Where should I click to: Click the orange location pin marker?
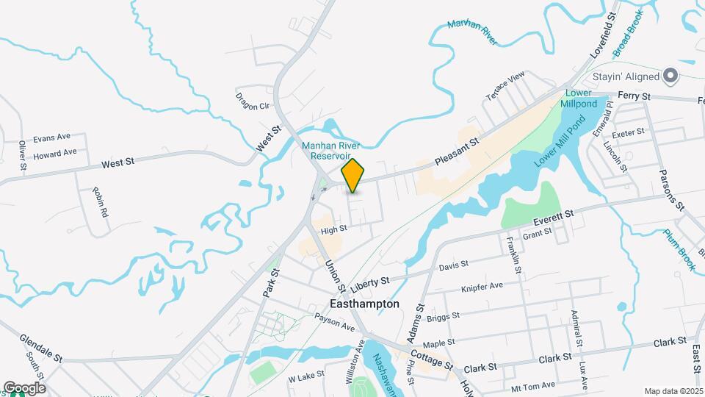pyautogui.click(x=352, y=175)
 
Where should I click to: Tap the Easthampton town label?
pyautogui.click(x=365, y=304)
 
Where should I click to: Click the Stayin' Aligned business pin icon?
pyautogui.click(x=670, y=75)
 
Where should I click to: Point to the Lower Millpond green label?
pyautogui.click(x=579, y=99)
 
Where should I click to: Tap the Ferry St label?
pyautogui.click(x=634, y=96)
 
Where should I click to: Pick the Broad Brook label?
pyautogui.click(x=629, y=34)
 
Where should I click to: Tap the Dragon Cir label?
pyautogui.click(x=253, y=101)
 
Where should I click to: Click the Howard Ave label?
pyautogui.click(x=55, y=153)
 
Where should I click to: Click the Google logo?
pyautogui.click(x=23, y=388)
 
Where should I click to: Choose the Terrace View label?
pyautogui.click(x=505, y=87)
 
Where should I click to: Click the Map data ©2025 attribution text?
pyautogui.click(x=673, y=391)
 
